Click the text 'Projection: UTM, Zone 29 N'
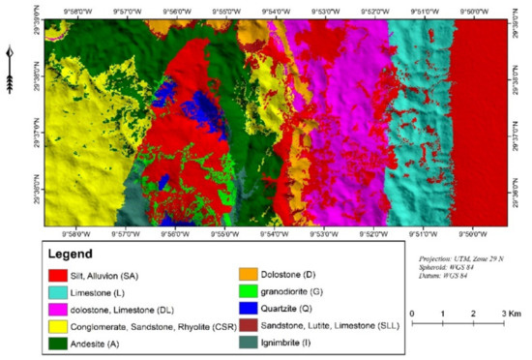tap(455, 259)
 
